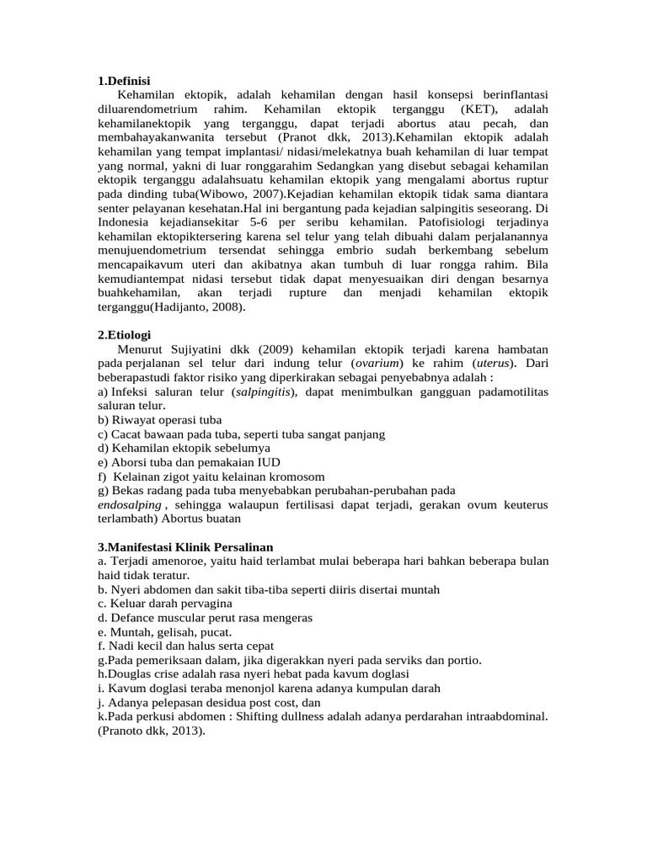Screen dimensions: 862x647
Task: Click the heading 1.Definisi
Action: [x=124, y=81]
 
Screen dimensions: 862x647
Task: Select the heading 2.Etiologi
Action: [x=124, y=334]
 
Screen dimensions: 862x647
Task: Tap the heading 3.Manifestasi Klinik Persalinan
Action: [x=185, y=546]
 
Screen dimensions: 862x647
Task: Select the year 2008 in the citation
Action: [x=228, y=307]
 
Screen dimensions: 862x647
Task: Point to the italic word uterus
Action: [x=496, y=363]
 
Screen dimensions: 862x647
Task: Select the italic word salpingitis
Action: [x=263, y=391]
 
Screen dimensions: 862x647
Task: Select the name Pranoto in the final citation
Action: [x=126, y=731]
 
